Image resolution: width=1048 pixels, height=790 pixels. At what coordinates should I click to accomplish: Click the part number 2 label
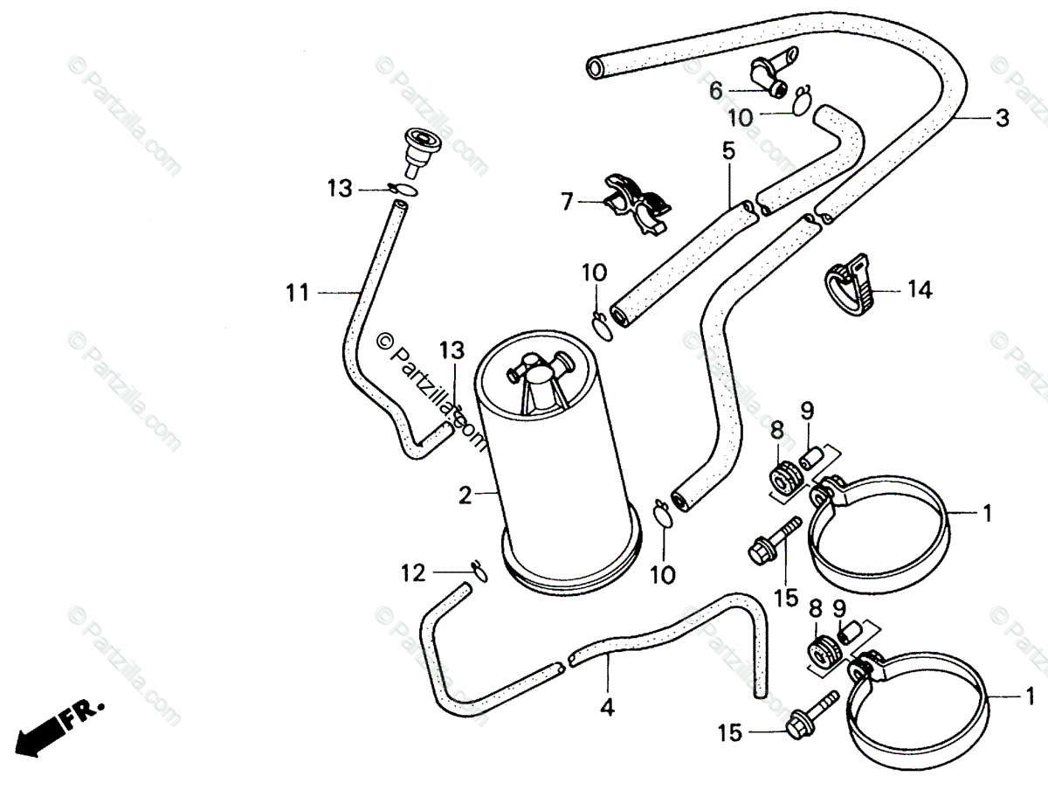coord(465,496)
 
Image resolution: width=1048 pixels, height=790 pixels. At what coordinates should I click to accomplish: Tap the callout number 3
coord(1002,118)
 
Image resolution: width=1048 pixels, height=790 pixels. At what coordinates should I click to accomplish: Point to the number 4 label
coord(608,708)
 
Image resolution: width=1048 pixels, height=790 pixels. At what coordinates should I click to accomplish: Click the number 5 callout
coord(728,150)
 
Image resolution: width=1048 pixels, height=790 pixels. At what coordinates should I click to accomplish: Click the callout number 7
coord(567,203)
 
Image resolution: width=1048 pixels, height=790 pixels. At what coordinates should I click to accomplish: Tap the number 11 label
coord(298,293)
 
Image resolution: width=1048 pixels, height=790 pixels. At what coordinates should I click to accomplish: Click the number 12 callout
coord(413,574)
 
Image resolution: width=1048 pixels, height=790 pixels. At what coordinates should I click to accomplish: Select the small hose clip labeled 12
coord(479,571)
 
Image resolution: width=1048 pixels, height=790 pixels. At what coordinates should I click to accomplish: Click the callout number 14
coord(920,290)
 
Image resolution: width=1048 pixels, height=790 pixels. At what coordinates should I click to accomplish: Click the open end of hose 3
coord(596,66)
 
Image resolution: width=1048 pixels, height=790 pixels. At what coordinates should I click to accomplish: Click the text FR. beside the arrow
coord(85,712)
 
